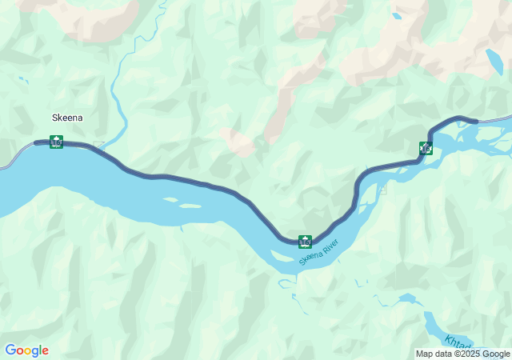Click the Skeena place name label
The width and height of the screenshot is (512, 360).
(x=67, y=118)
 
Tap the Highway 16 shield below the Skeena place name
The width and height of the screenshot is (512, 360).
(x=56, y=142)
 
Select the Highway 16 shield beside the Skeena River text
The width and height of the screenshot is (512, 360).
(x=305, y=241)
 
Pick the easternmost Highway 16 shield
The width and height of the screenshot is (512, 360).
(x=426, y=148)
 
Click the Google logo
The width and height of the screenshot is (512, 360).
(x=26, y=350)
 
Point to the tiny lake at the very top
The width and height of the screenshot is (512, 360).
(x=396, y=15)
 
